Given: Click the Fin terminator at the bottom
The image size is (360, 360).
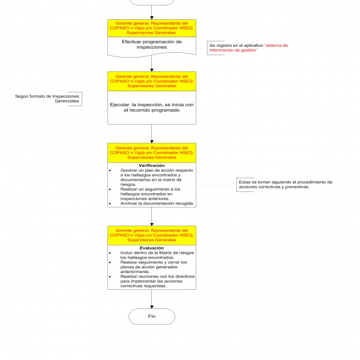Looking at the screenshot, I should [x=152, y=316].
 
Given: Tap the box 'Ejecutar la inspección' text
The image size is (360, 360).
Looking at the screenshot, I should [x=152, y=107].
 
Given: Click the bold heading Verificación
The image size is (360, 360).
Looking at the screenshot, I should [x=151, y=165].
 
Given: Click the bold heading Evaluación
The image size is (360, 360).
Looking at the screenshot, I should [x=151, y=248].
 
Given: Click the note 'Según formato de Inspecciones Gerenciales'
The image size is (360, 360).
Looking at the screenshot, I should [x=48, y=98].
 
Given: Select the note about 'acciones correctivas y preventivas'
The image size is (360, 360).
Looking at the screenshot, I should [x=286, y=184].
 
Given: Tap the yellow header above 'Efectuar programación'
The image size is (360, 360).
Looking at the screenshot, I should [x=152, y=28].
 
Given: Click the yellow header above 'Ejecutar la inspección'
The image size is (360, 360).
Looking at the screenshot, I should [x=152, y=81].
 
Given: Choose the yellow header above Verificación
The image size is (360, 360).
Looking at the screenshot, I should [x=152, y=152].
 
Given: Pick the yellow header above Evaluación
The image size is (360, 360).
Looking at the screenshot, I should [x=152, y=235].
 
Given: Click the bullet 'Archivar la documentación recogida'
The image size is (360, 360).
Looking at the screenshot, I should [x=157, y=203].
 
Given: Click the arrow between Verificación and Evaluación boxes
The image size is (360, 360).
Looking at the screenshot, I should [x=152, y=217].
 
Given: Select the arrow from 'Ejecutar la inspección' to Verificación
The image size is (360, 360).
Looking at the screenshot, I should [x=152, y=134].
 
